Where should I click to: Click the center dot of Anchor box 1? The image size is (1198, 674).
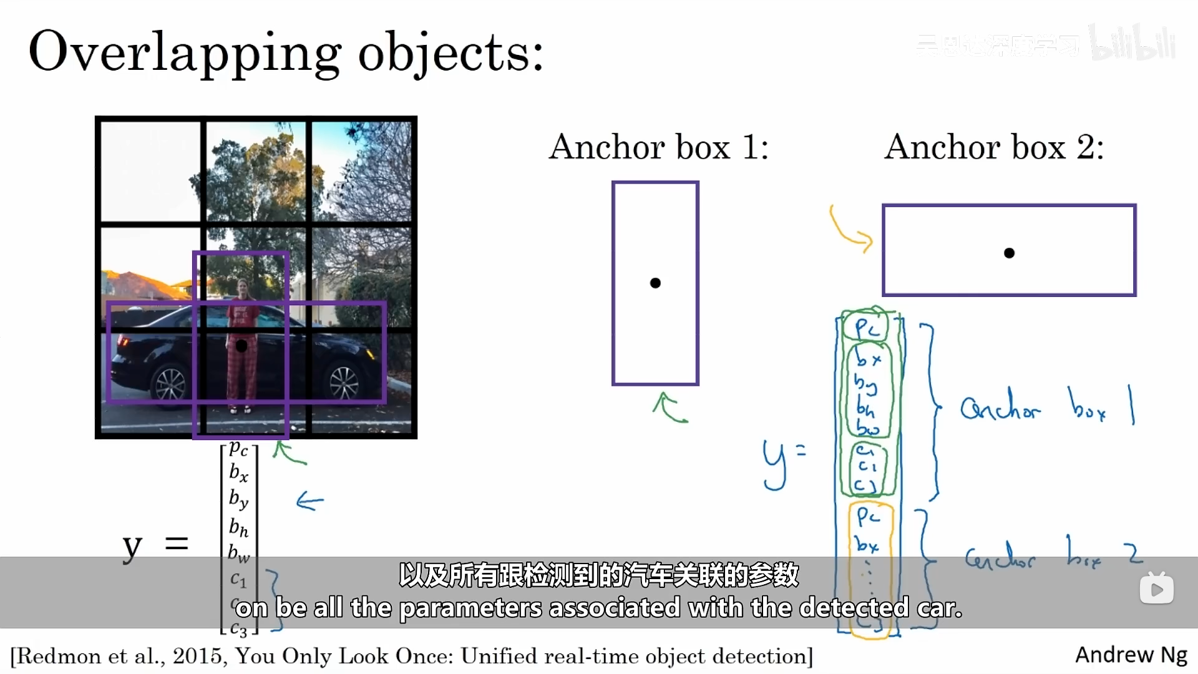[655, 283]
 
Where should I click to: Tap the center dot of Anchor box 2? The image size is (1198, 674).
[1009, 253]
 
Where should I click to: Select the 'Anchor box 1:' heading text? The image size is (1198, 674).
[658, 147]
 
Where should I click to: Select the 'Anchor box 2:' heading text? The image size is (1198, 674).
[994, 147]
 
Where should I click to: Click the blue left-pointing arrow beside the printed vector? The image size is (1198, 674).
[310, 501]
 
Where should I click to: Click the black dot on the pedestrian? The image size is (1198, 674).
[241, 345]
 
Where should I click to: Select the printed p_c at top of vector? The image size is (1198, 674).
[238, 448]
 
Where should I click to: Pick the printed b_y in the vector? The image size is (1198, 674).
[238, 499]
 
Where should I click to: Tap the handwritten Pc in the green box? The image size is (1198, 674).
[867, 327]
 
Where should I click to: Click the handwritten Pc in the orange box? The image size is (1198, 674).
[868, 516]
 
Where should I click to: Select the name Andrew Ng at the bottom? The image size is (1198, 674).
[1131, 655]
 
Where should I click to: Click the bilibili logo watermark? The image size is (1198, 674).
[1132, 42]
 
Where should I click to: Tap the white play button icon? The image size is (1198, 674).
[1156, 589]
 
